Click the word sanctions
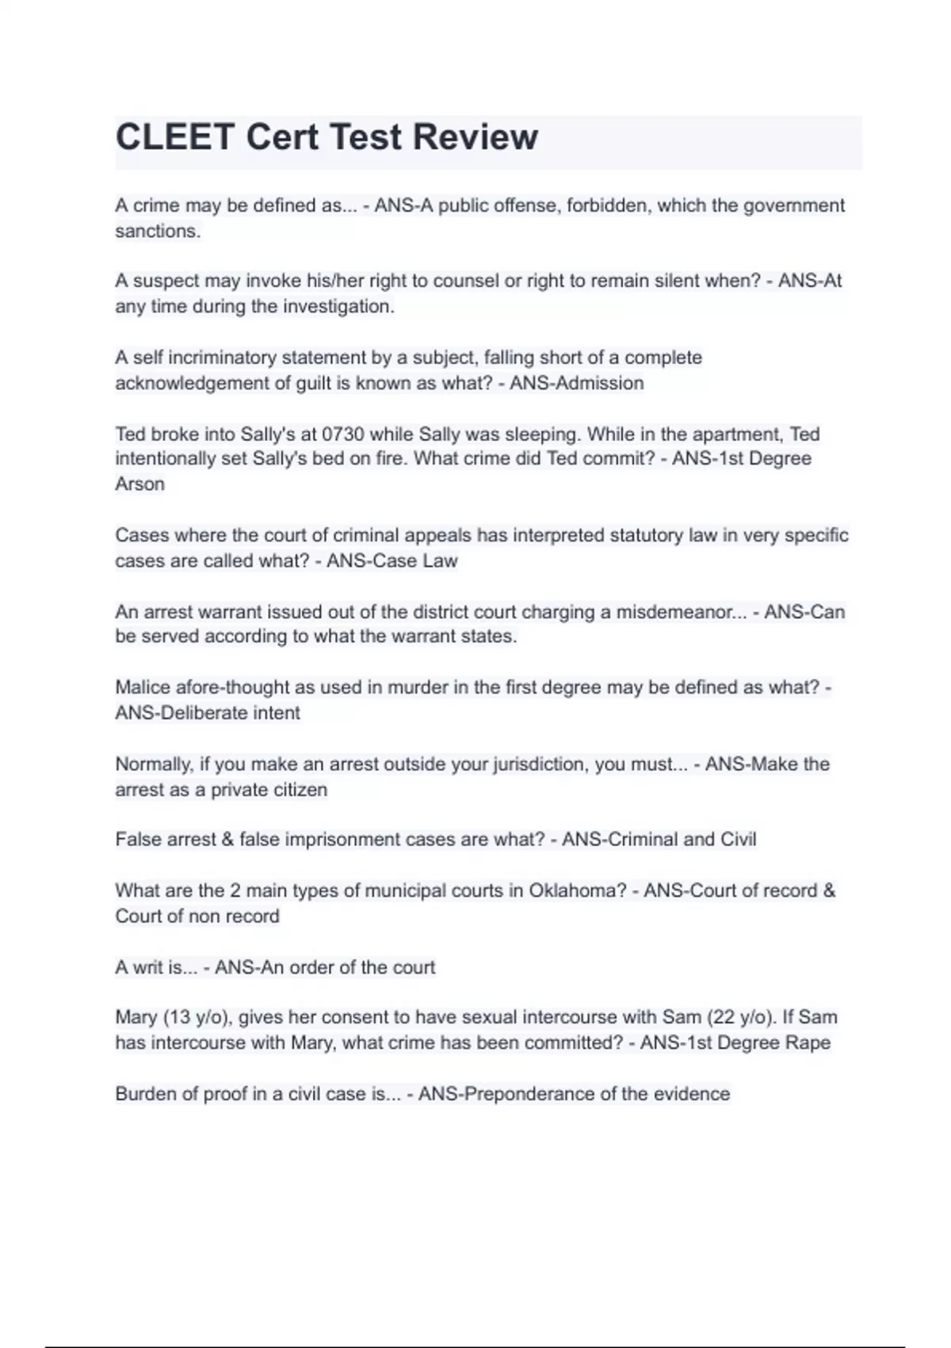click(157, 231)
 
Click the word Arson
click(139, 484)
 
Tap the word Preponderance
click(529, 1093)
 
